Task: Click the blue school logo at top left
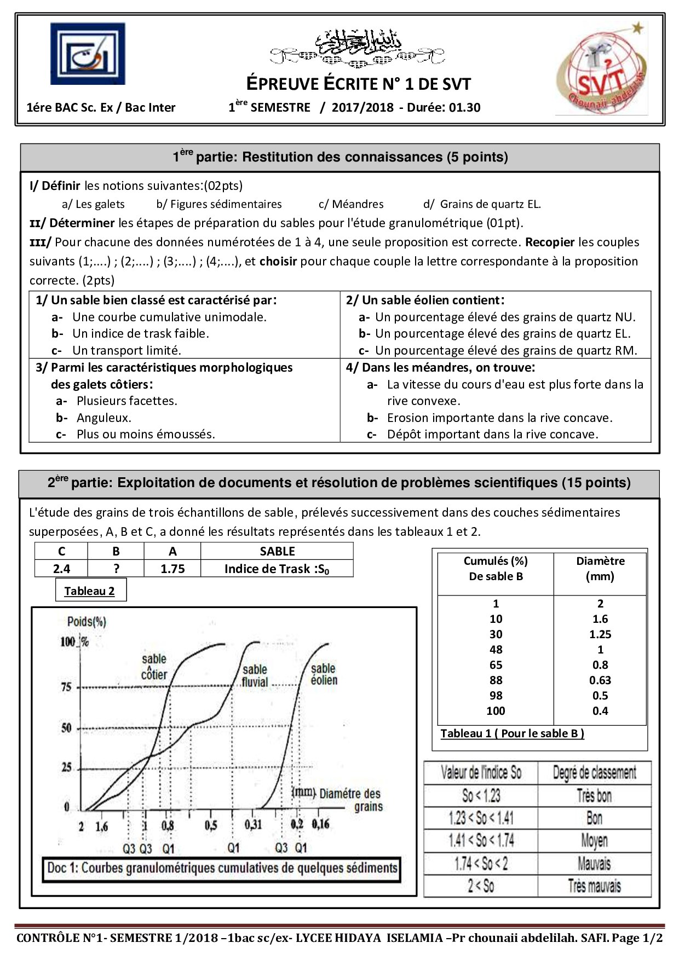pos(88,54)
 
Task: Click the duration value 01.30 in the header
pos(464,107)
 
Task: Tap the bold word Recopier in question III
pos(549,242)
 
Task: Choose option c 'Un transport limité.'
pos(126,350)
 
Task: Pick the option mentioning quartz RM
pos(505,350)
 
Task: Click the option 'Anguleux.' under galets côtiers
pos(104,418)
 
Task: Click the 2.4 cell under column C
pos(61,569)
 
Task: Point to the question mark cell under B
pos(116,569)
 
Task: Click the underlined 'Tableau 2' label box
pos(90,591)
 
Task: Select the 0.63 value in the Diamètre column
pos(600,680)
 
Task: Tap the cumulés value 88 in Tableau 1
pos(496,680)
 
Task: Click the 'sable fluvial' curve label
pos(255,675)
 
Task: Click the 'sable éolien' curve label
pos(324,674)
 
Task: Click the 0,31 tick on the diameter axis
pos(253,824)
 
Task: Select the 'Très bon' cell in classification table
pos(594,795)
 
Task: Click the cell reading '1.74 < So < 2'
pos(481,863)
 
